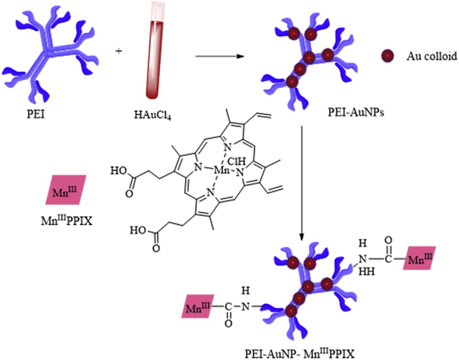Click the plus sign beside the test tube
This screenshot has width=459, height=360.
tap(120, 51)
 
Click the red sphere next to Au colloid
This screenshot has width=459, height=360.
tap(388, 56)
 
